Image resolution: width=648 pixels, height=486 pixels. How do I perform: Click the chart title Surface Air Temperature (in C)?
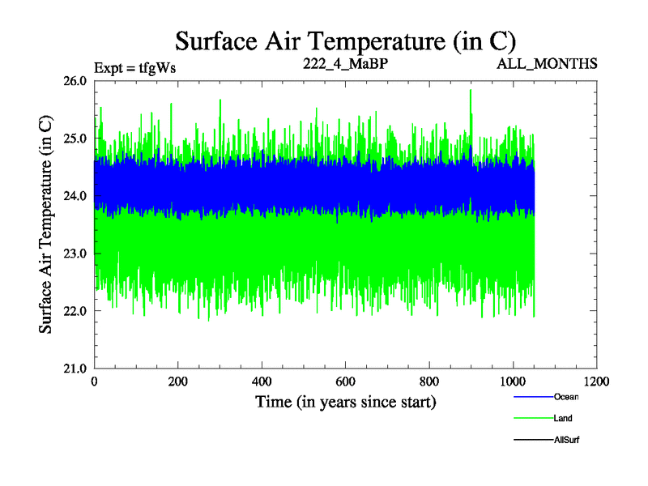pos(346,40)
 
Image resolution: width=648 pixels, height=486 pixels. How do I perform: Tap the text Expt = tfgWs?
pos(135,67)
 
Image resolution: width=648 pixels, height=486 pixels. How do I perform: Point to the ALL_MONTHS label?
pos(548,63)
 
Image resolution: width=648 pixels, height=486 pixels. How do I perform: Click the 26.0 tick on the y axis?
pos(75,81)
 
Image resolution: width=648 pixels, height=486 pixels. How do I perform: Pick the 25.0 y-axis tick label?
pos(75,139)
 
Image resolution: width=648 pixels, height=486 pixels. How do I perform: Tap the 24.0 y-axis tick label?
pos(75,196)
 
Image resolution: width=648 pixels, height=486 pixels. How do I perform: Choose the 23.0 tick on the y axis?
pos(75,254)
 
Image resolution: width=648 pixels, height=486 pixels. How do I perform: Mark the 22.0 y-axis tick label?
pos(75,311)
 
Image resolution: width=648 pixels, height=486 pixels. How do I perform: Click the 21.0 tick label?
pos(75,369)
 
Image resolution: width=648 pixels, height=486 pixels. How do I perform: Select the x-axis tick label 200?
pos(178,382)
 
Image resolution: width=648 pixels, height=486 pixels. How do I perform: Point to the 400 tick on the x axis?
pos(262,382)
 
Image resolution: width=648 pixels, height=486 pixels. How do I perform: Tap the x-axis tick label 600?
pos(346,382)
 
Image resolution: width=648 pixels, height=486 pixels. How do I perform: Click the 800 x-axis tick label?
pos(429,382)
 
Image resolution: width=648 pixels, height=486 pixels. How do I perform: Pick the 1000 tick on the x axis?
pos(513,382)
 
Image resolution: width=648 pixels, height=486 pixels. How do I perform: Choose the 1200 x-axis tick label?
pos(597,382)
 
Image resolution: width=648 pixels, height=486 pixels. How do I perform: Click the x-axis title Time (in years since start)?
pos(346,402)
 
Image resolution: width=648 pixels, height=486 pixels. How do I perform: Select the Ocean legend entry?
pos(566,397)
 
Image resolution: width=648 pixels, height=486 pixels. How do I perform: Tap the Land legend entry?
pos(563,418)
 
